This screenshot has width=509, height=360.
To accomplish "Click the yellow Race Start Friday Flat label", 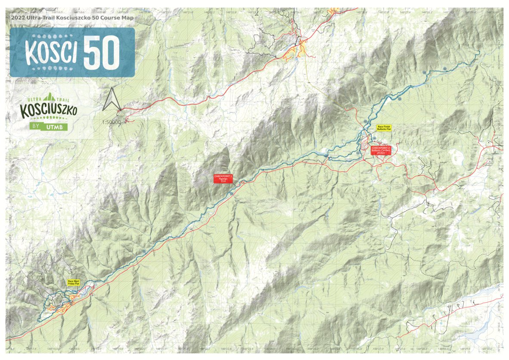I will (74, 282).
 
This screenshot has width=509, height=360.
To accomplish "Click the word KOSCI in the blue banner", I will (51, 53).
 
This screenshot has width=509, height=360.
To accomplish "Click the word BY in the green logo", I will (36, 127).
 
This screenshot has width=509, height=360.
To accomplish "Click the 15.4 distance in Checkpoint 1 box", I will (223, 181).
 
